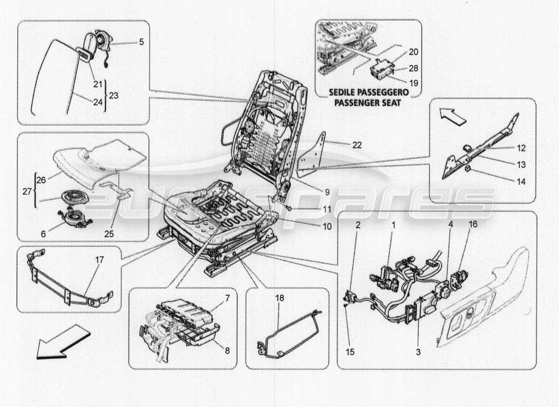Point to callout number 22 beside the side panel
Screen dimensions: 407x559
358,144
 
